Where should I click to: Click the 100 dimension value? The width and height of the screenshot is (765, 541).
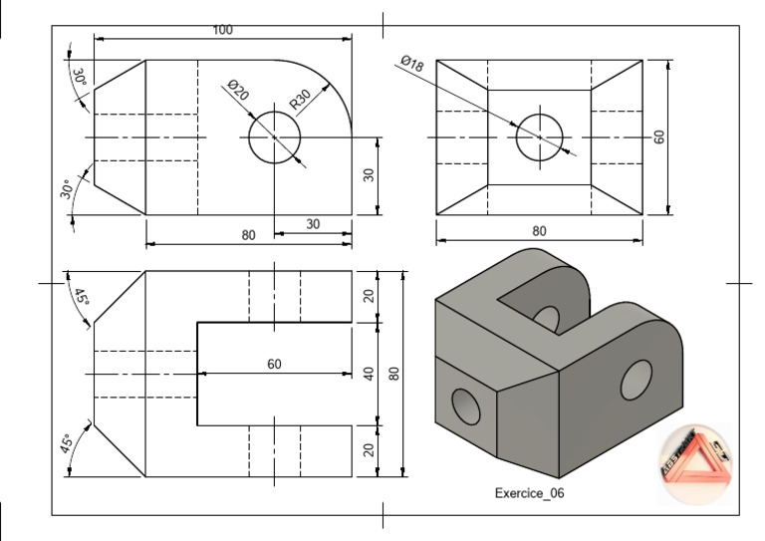(x=222, y=30)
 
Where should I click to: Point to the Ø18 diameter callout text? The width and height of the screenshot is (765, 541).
(x=411, y=65)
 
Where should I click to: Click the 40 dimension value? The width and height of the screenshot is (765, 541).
(x=369, y=374)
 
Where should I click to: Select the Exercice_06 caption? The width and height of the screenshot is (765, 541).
(x=531, y=493)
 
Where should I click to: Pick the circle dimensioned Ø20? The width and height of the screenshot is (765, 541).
(x=275, y=136)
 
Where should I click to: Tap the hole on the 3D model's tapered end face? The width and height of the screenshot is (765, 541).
(x=465, y=406)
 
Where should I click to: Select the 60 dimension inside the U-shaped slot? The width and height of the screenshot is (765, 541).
(x=274, y=365)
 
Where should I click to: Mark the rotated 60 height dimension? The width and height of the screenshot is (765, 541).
(x=658, y=137)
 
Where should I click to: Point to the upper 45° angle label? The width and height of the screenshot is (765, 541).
(x=81, y=297)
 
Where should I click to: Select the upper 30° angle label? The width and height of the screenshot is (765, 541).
(x=78, y=78)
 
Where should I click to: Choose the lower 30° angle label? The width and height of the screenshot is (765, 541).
(x=67, y=188)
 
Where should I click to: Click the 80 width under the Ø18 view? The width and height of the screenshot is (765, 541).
(x=539, y=231)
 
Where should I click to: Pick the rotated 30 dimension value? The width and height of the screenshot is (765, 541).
(x=369, y=174)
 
